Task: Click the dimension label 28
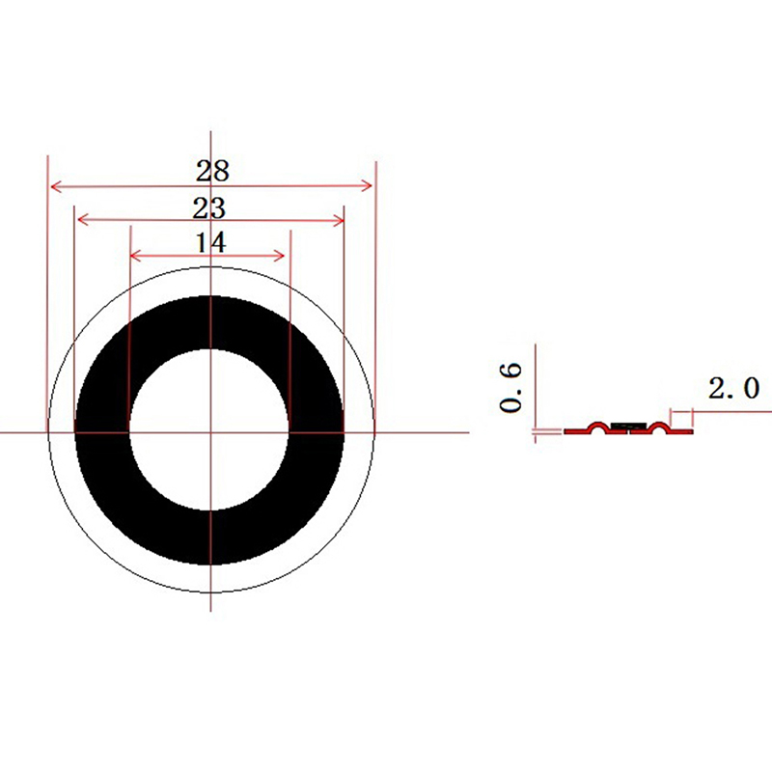click(x=212, y=171)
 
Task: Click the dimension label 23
click(x=209, y=207)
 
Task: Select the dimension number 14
click(x=211, y=242)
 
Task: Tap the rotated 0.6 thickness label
click(x=510, y=387)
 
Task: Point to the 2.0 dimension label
click(x=734, y=388)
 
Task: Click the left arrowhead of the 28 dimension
click(x=56, y=186)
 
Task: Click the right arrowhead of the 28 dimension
click(x=367, y=185)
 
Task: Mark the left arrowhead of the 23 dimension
click(x=83, y=220)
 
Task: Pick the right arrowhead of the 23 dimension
click(x=339, y=221)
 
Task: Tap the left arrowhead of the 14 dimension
click(x=136, y=256)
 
